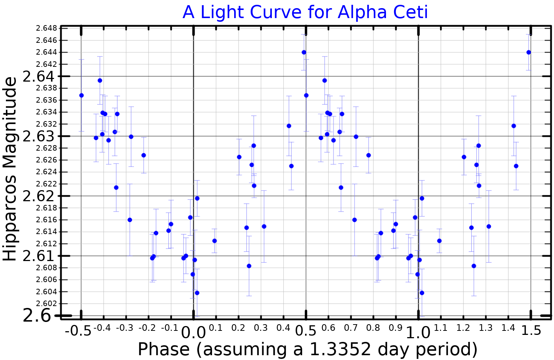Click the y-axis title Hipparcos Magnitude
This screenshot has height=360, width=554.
click(10, 169)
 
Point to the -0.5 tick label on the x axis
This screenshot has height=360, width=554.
click(78, 330)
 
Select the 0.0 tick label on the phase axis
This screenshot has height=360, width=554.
click(193, 332)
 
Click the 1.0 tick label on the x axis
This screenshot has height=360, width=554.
click(418, 332)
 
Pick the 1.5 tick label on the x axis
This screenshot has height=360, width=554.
click(531, 330)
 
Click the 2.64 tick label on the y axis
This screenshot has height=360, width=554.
click(38, 76)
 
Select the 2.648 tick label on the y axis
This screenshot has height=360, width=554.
click(46, 28)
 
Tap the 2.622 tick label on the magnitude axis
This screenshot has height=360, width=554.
click(46, 184)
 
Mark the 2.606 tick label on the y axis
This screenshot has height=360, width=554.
click(46, 280)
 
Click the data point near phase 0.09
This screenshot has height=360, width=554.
click(215, 241)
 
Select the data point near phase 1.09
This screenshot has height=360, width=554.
click(439, 241)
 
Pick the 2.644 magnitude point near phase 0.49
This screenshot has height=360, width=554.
click(304, 52)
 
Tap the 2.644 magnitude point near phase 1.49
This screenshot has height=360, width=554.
click(529, 52)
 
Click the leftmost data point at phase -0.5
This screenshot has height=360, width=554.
click(82, 95)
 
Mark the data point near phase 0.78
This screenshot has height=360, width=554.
click(368, 155)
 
